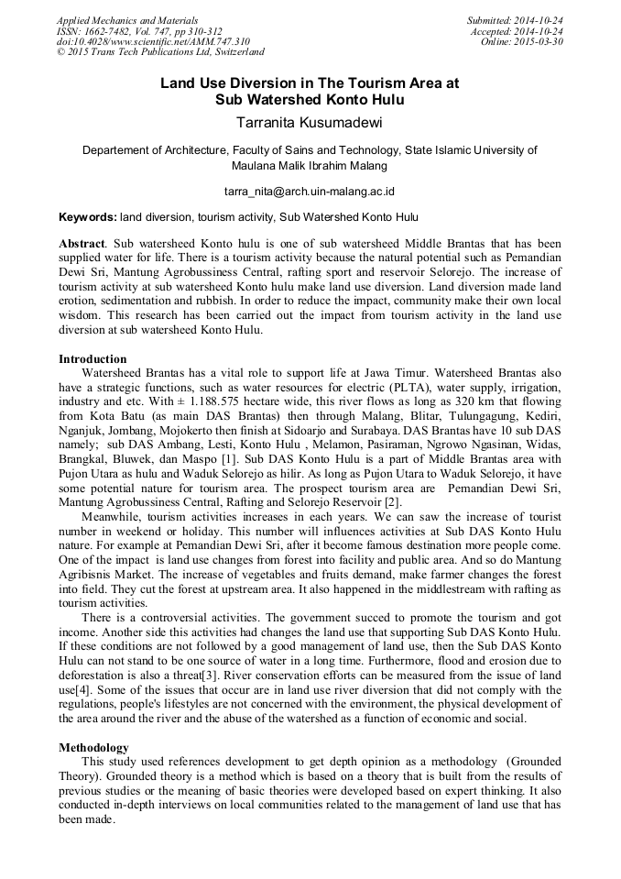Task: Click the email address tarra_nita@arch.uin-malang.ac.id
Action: click(x=310, y=192)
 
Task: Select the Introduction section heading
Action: click(x=93, y=358)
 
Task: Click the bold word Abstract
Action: click(x=82, y=246)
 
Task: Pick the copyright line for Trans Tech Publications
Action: click(x=160, y=53)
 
